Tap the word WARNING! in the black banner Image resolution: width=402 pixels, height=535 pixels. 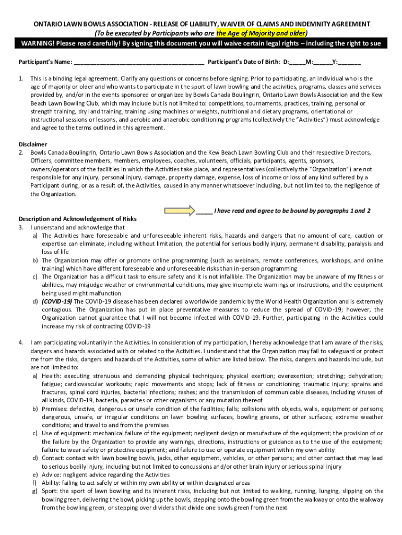(x=32, y=43)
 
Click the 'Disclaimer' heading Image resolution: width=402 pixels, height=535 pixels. (x=33, y=144)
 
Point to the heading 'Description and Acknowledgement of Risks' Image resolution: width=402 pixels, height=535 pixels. (x=78, y=219)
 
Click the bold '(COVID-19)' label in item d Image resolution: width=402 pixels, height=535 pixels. (x=57, y=301)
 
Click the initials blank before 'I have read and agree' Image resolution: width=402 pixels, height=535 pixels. (x=205, y=211)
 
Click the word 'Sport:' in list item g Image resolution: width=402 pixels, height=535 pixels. (x=51, y=491)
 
